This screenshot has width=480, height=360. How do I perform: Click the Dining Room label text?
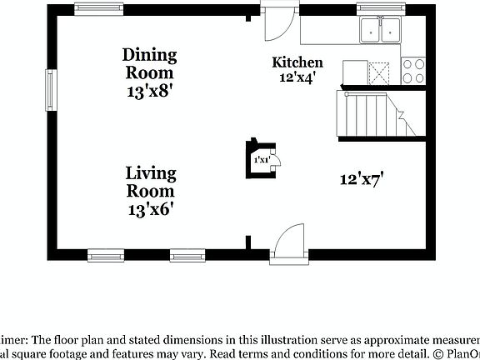pos(150,63)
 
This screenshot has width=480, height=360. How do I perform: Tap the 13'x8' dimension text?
pos(150,92)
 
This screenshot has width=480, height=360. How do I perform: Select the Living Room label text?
pos(151,182)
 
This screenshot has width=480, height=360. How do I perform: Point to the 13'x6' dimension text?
pos(151,210)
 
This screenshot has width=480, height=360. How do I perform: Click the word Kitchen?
pos(297,62)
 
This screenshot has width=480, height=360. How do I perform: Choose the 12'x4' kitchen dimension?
pos(297,77)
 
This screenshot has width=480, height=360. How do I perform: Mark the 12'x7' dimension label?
pos(361,178)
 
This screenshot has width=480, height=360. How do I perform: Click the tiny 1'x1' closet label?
pos(261,159)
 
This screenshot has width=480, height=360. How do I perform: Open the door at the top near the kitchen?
pos(277,22)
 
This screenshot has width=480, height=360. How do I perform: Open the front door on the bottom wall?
pos(287,242)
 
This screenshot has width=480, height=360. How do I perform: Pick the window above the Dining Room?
pos(94,8)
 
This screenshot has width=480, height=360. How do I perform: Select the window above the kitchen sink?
pos(379,8)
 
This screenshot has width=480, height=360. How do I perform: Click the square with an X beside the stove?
pos(380,72)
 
